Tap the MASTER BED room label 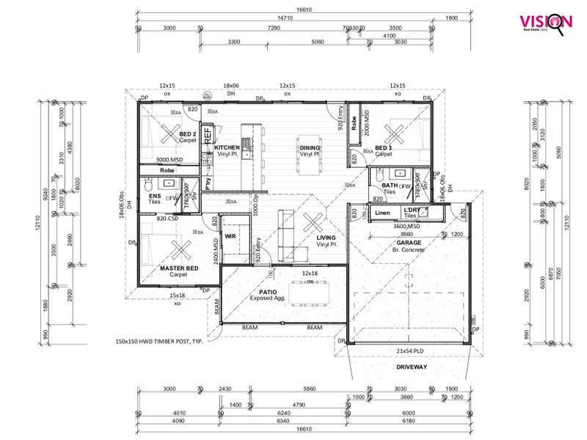pyautogui.click(x=178, y=268)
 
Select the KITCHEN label pyautogui.click(x=227, y=148)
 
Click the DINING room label pyautogui.click(x=310, y=148)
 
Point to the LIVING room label pyautogui.click(x=326, y=238)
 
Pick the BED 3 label pyautogui.click(x=384, y=148)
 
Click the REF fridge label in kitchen pyautogui.click(x=208, y=133)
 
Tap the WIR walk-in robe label pyautogui.click(x=230, y=237)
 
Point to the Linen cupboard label pyautogui.click(x=382, y=213)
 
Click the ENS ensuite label pyautogui.click(x=155, y=197)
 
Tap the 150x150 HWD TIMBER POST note pyautogui.click(x=162, y=342)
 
